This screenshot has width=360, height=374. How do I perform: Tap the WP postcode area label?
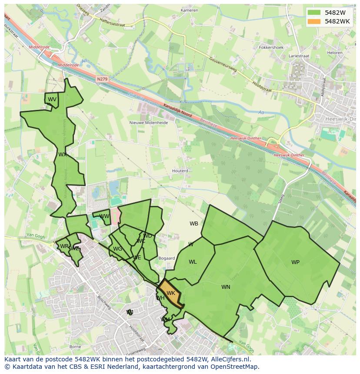pos(295,262)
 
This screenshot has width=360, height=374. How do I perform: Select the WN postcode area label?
pos(226,287)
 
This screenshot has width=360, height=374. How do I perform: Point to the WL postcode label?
pos(193,262)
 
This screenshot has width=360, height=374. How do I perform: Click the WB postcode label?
pos(194,224)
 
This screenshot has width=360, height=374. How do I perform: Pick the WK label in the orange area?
pos(171,293)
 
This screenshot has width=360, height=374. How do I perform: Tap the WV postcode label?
pos(52,99)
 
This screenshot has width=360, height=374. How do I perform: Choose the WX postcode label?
pos(63,155)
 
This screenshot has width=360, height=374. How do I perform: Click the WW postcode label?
pos(104,216)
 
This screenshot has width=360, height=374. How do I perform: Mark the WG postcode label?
pos(117,249)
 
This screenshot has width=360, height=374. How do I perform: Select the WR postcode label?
pos(64,246)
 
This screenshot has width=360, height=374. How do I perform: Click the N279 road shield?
pos(102,79)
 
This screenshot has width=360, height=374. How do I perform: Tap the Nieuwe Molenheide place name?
pos(149,122)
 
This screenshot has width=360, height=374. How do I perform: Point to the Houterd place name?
pos(180,171)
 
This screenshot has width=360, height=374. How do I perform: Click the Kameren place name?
pos(189,10)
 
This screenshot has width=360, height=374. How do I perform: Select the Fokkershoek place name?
pos(271,47)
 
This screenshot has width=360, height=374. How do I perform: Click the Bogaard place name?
pos(167,258)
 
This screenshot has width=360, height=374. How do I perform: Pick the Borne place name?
pos(75,347)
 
